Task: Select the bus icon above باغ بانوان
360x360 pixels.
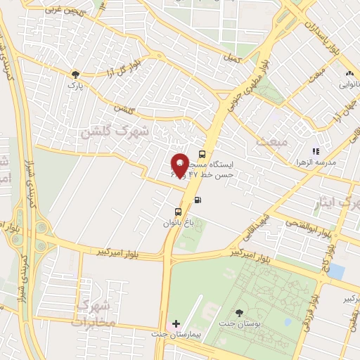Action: [x=178, y=211]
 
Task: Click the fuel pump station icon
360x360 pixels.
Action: [x=198, y=200]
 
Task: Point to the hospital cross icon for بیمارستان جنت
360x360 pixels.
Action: [x=176, y=324]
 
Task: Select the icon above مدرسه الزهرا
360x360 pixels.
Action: [x=316, y=150]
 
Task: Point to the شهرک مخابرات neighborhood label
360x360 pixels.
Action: [x=94, y=314]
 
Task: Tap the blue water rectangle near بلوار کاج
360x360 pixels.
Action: [x=337, y=271]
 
